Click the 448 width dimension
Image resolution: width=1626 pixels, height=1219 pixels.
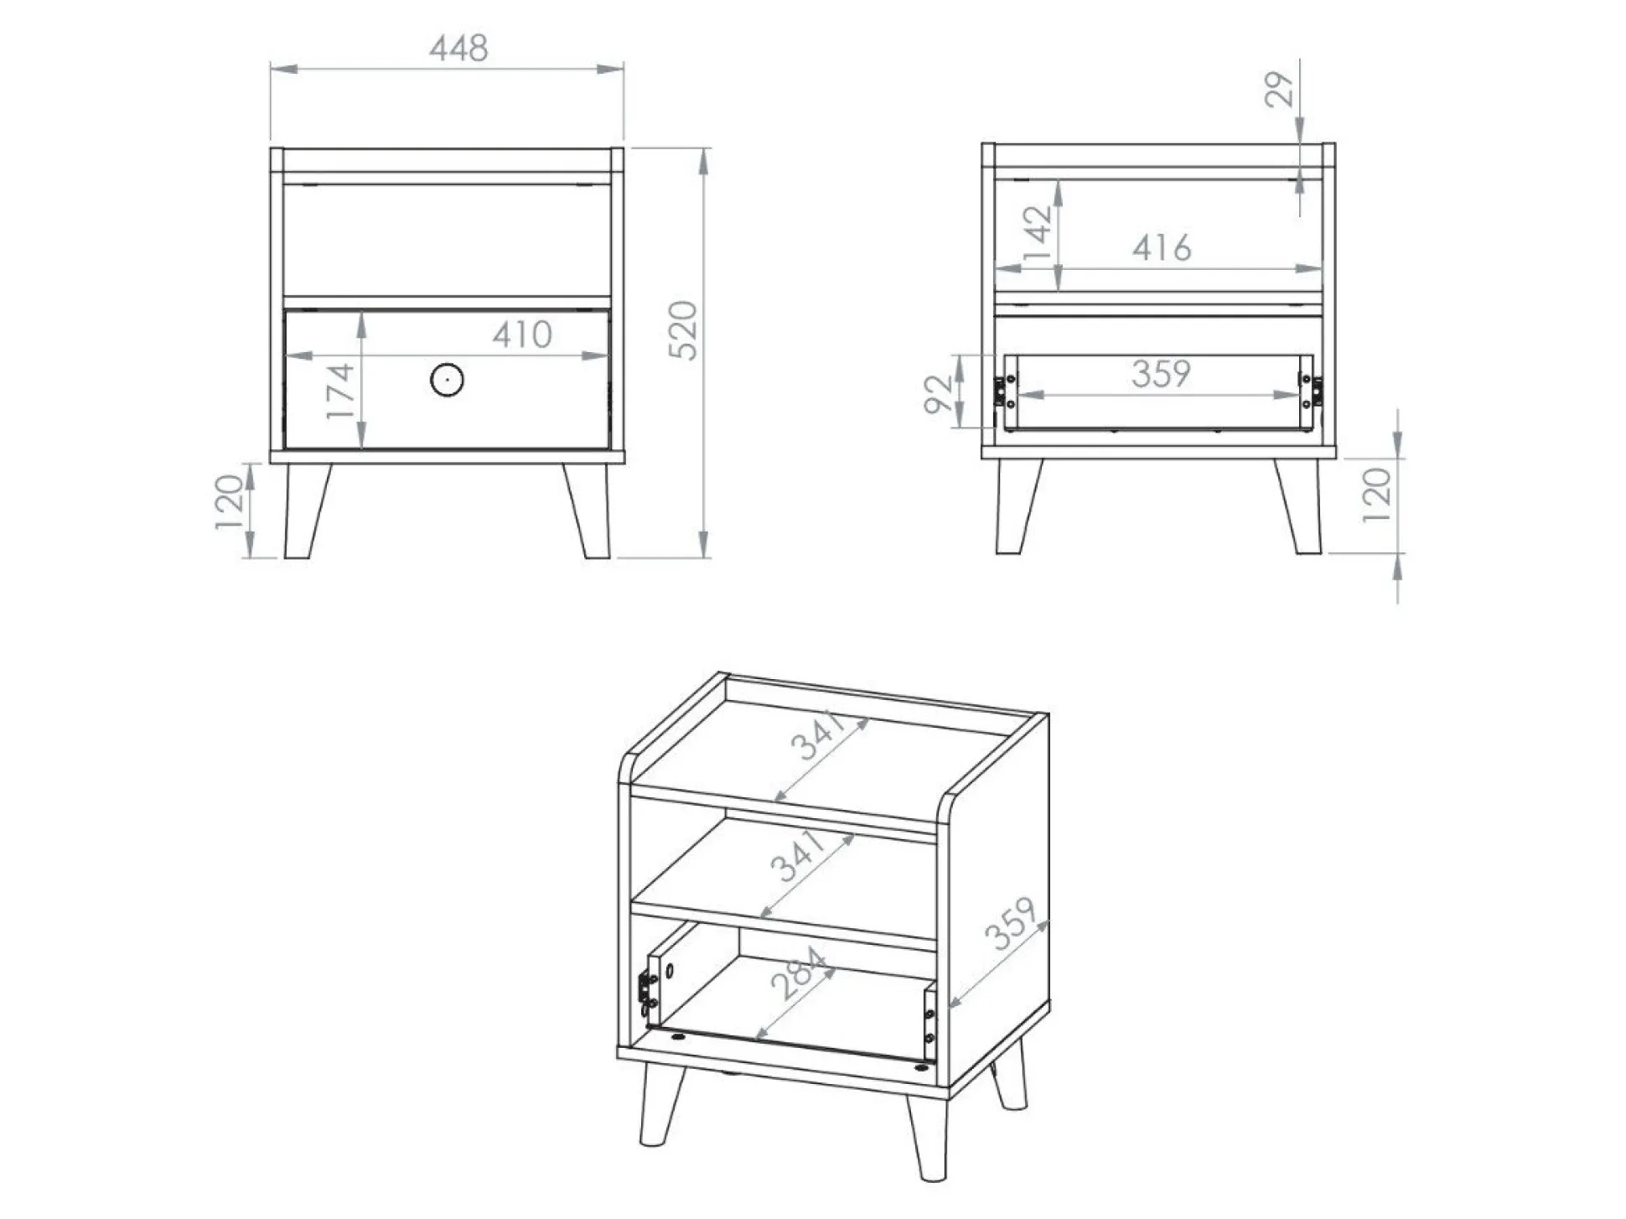[458, 49]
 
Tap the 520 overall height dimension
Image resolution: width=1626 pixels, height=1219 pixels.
[683, 330]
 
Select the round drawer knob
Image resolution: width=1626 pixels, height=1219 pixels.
[447, 380]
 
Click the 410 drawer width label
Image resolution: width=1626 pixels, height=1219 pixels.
[521, 335]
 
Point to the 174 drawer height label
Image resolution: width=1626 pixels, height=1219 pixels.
[340, 392]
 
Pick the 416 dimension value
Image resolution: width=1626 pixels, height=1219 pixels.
[1161, 248]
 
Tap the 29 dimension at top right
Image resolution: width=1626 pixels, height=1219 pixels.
[1279, 90]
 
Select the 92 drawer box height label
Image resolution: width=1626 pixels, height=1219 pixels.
[939, 394]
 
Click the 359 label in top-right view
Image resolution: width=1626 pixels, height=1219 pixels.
[1160, 374]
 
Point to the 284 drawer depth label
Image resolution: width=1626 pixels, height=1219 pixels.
[801, 973]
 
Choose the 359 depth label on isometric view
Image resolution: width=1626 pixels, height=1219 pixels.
[1011, 924]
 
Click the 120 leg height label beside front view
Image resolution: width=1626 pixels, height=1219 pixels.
[229, 502]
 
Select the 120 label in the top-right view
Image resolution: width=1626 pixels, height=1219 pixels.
[1375, 495]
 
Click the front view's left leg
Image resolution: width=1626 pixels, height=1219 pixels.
[304, 511]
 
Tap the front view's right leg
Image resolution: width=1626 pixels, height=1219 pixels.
[588, 511]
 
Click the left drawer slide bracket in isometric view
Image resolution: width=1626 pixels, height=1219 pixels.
[645, 989]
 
